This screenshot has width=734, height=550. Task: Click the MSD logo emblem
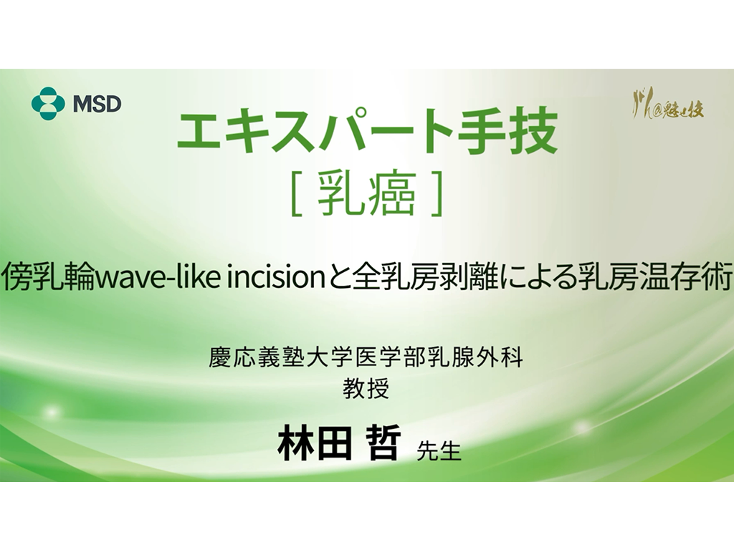[x=48, y=103]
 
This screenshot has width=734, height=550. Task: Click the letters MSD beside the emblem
[x=97, y=104]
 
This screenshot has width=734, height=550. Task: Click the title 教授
[x=366, y=390]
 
